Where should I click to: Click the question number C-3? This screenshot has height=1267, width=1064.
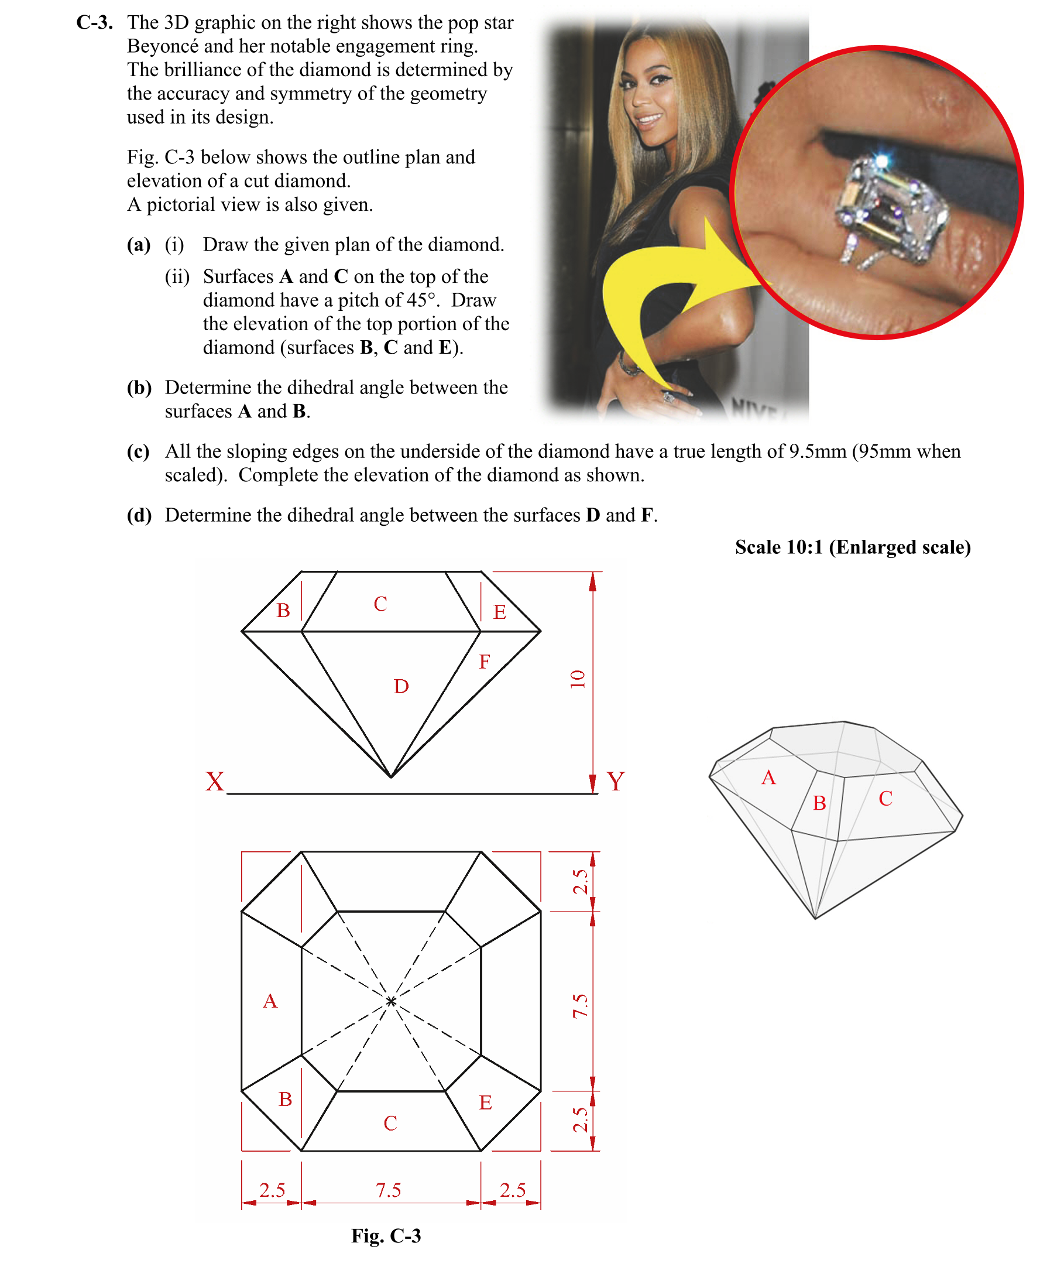pyautogui.click(x=94, y=23)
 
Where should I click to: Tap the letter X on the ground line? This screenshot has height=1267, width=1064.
pyautogui.click(x=215, y=781)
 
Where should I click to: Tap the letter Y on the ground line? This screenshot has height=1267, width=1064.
pyautogui.click(x=615, y=781)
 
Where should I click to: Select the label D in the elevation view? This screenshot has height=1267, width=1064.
pyautogui.click(x=401, y=687)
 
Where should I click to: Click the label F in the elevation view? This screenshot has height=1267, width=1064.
pyautogui.click(x=485, y=662)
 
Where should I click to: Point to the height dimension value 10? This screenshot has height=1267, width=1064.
pyautogui.click(x=578, y=679)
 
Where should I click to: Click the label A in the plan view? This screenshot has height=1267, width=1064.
pyautogui.click(x=270, y=1002)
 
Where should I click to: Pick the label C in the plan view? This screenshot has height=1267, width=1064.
pyautogui.click(x=390, y=1124)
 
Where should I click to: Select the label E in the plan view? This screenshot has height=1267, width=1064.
pyautogui.click(x=486, y=1103)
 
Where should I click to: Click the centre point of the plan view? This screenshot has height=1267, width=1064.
pyautogui.click(x=391, y=1002)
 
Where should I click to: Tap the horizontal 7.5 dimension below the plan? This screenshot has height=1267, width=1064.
pyautogui.click(x=389, y=1190)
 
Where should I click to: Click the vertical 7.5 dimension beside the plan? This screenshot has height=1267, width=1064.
pyautogui.click(x=580, y=1006)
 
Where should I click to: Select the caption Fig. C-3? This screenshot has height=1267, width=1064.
pyautogui.click(x=386, y=1235)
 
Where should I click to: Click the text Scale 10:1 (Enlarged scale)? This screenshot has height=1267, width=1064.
pyautogui.click(x=853, y=547)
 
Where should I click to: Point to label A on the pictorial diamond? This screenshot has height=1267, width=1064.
pyautogui.click(x=768, y=778)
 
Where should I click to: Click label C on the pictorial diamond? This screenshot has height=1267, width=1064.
pyautogui.click(x=885, y=799)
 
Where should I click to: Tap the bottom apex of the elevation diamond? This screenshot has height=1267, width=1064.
pyautogui.click(x=391, y=777)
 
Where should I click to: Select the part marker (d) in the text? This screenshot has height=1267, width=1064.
pyautogui.click(x=139, y=515)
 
